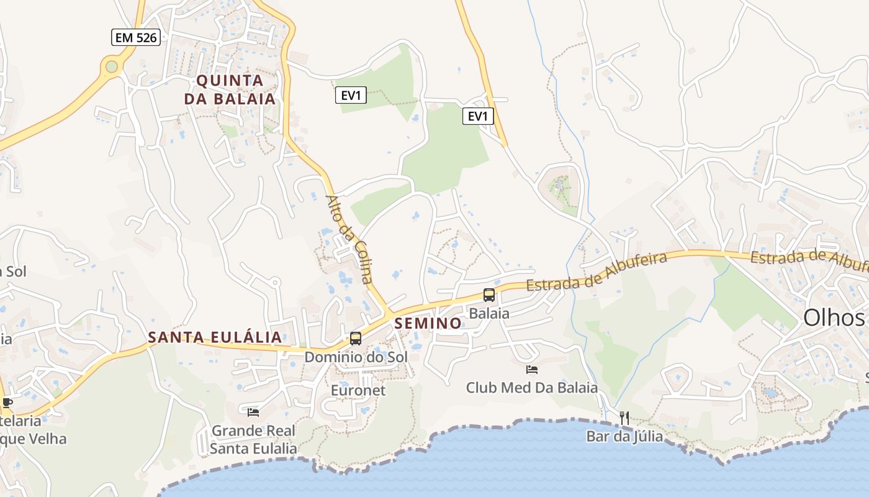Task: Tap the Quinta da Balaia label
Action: [230, 89]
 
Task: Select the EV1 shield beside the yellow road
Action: [478, 116]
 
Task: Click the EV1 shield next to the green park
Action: [351, 95]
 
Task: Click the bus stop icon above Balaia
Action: [489, 295]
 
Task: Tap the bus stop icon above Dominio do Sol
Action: [356, 339]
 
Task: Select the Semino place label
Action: [428, 323]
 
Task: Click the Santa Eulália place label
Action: [215, 337]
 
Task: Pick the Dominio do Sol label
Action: [356, 357]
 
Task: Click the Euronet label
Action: [358, 390]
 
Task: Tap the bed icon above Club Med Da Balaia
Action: [532, 370]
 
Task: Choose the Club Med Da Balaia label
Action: [532, 388]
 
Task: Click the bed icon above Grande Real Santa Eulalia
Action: [253, 412]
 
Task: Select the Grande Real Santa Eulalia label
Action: [253, 439]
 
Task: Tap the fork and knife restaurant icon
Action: [624, 418]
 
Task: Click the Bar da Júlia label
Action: [624, 437]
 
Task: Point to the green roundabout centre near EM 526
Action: [112, 66]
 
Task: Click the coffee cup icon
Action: [7, 403]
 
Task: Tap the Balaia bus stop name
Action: [489, 314]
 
